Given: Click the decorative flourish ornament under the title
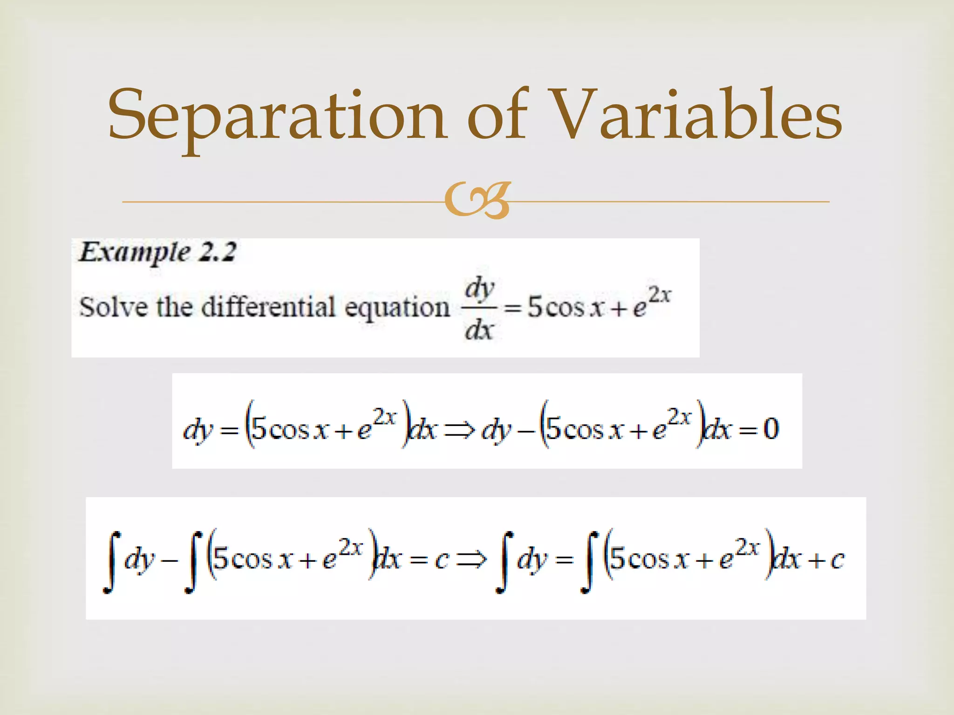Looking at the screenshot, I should (x=477, y=202).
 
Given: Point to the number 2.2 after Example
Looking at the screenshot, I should (x=218, y=252).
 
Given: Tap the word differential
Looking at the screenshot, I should (x=268, y=307).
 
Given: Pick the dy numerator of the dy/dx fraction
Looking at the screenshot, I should (x=479, y=289).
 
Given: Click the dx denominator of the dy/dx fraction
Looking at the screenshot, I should (x=479, y=331).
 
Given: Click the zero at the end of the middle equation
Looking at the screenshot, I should (x=771, y=428).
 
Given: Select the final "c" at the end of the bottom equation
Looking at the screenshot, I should (x=837, y=560).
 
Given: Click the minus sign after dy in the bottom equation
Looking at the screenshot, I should (x=170, y=560).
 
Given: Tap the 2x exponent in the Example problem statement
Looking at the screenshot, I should (x=659, y=295).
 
